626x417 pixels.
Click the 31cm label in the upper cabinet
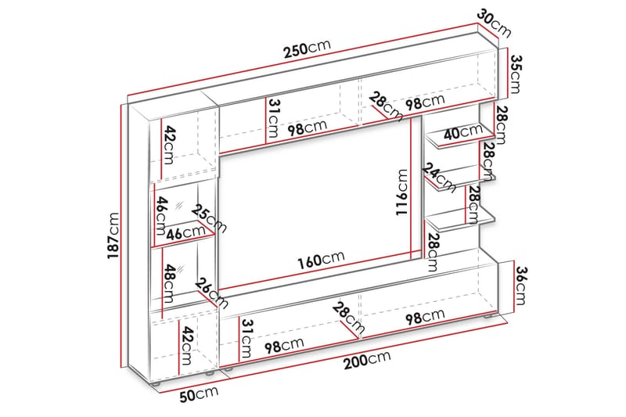pyautogui.click(x=272, y=119)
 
